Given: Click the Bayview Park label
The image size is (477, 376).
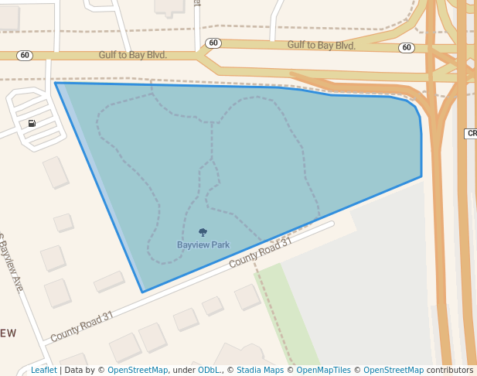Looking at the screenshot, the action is click(203, 245).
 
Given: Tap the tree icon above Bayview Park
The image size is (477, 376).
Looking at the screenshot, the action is click(203, 232).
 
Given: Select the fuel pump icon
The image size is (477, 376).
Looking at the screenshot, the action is click(32, 123).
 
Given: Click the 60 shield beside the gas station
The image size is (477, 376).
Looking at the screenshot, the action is click(26, 56).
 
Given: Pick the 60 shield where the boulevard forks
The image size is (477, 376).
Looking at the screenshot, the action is click(213, 43).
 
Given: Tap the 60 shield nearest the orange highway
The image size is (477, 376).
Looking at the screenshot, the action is click(407, 48).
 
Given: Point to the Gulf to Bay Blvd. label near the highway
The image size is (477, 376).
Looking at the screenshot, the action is click(321, 46).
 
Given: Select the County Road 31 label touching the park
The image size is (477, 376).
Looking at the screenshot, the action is click(261, 252).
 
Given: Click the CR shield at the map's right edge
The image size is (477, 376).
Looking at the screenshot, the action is click(471, 134).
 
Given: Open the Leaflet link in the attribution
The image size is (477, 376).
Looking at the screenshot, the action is click(43, 371).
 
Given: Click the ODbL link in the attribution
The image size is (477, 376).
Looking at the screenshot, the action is click(208, 371).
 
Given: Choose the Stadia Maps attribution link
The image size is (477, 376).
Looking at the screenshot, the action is click(260, 371).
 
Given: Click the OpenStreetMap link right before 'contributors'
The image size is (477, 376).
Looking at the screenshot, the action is click(394, 371).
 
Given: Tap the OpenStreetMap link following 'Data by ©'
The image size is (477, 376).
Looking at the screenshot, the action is click(138, 371).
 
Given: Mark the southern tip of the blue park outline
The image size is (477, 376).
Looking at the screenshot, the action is click(143, 292).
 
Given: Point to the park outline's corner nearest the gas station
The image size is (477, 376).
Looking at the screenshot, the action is click(56, 83).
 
